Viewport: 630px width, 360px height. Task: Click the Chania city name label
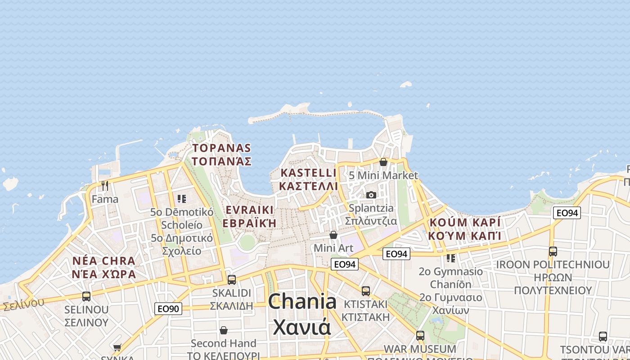[x=302, y=315]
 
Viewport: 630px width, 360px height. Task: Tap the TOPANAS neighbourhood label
[x=221, y=154]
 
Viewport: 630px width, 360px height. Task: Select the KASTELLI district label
[x=308, y=179]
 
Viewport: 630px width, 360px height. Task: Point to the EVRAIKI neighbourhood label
[x=250, y=216]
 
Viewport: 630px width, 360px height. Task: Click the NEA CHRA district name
[x=104, y=267]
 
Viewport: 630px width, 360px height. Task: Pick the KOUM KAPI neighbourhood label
[x=465, y=229]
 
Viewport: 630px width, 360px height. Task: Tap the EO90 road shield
[x=168, y=309]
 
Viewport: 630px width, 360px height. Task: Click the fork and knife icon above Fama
[x=105, y=185]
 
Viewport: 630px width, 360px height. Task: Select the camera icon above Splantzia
[x=371, y=195]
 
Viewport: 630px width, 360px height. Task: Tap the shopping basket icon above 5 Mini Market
[x=383, y=162]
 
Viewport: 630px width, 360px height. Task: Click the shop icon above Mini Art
[x=333, y=235]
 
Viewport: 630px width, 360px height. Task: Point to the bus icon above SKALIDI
[x=231, y=279]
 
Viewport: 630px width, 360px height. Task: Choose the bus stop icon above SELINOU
[x=86, y=297]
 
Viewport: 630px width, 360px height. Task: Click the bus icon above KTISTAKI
[x=365, y=291]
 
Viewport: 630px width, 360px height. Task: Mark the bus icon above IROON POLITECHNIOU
[x=553, y=251]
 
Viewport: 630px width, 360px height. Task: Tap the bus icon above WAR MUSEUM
[x=420, y=335]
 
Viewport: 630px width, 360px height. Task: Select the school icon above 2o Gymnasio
[x=450, y=258]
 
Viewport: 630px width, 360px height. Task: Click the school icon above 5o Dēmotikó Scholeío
[x=182, y=198]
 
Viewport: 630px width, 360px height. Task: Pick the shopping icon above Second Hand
[x=223, y=330]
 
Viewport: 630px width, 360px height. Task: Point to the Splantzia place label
[x=371, y=215]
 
